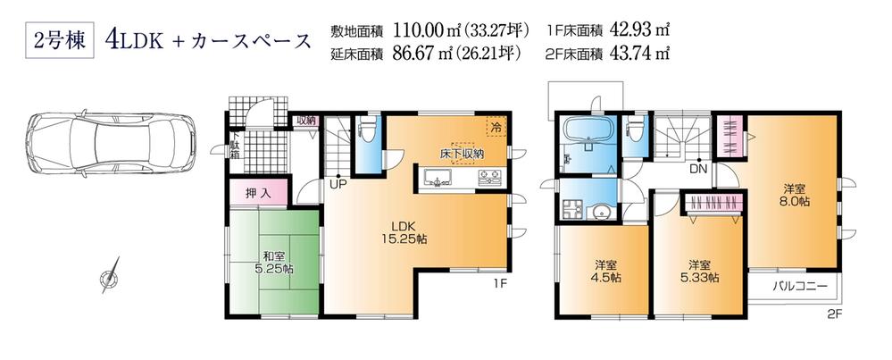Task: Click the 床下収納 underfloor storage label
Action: tap(462, 153)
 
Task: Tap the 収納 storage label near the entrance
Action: tap(306, 121)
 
